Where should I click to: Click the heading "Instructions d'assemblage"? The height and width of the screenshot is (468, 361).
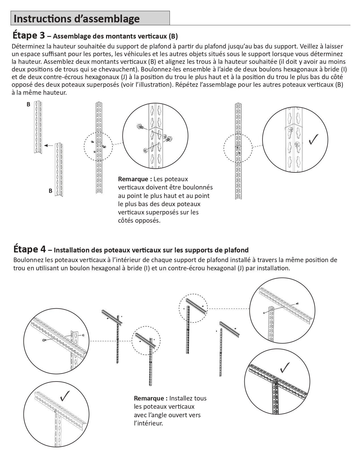pyautogui.click(x=77, y=19)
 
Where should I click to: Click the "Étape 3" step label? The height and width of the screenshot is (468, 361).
pyautogui.click(x=29, y=35)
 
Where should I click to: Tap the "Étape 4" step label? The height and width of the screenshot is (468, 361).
pyautogui.click(x=29, y=249)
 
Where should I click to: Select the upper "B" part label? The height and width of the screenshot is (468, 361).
pyautogui.click(x=28, y=104)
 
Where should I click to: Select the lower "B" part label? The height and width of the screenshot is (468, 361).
pyautogui.click(x=50, y=191)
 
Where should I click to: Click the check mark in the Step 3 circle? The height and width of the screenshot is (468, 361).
pyautogui.click(x=313, y=139)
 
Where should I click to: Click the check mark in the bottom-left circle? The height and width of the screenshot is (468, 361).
pyautogui.click(x=65, y=396)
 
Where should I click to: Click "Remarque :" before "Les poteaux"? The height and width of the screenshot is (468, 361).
pyautogui.click(x=135, y=179)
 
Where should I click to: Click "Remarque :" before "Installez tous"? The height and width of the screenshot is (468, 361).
pyautogui.click(x=151, y=398)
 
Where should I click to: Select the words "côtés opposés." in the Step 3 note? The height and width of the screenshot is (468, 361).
pyautogui.click(x=139, y=220)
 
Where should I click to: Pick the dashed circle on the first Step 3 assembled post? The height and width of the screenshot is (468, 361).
pyautogui.click(x=98, y=147)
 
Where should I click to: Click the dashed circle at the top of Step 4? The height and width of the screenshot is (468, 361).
pyautogui.click(x=193, y=308)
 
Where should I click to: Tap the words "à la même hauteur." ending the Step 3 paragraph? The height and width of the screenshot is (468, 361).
pyautogui.click(x=39, y=92)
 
